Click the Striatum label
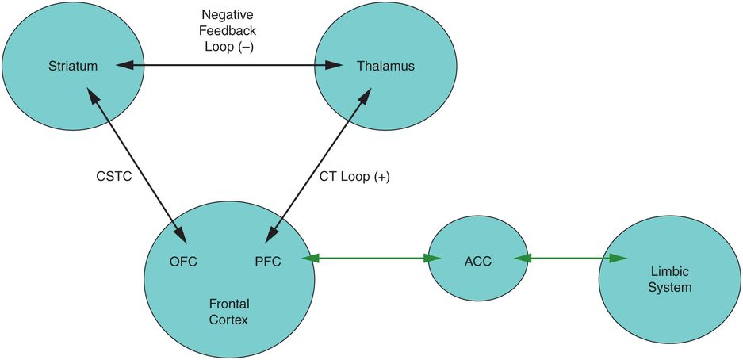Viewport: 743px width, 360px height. click(x=72, y=67)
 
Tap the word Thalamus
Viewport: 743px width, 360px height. click(x=385, y=67)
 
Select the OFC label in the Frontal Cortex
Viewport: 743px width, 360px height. click(x=183, y=261)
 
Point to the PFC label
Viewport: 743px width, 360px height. click(x=270, y=261)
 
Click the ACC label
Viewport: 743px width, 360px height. click(x=478, y=262)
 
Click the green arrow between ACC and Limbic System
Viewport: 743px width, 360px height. click(x=571, y=259)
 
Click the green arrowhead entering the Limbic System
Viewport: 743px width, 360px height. click(x=619, y=259)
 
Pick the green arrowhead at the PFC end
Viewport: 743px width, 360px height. click(x=310, y=259)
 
